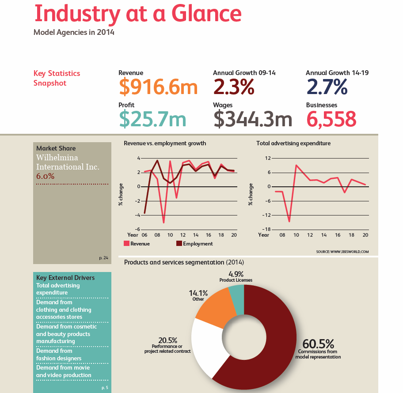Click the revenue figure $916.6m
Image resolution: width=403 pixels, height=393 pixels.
click(158, 87)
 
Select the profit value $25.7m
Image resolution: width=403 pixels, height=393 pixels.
click(152, 119)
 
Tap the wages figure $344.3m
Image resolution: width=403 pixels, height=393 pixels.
click(252, 119)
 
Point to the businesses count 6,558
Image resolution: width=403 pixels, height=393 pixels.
click(331, 119)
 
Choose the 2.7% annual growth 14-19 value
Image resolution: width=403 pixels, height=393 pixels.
click(327, 87)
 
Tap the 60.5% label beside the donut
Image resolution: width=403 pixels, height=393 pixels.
click(318, 344)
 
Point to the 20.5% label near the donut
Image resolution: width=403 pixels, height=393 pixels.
click(167, 340)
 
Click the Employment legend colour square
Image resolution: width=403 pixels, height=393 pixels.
click(179, 244)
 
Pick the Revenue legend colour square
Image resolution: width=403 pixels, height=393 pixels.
click(126, 244)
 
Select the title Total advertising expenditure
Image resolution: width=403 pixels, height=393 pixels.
click(293, 143)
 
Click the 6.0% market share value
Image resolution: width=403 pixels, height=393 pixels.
click(45, 176)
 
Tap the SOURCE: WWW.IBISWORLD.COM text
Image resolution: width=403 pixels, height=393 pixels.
click(342, 252)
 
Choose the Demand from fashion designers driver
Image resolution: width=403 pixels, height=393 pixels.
click(59, 355)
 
